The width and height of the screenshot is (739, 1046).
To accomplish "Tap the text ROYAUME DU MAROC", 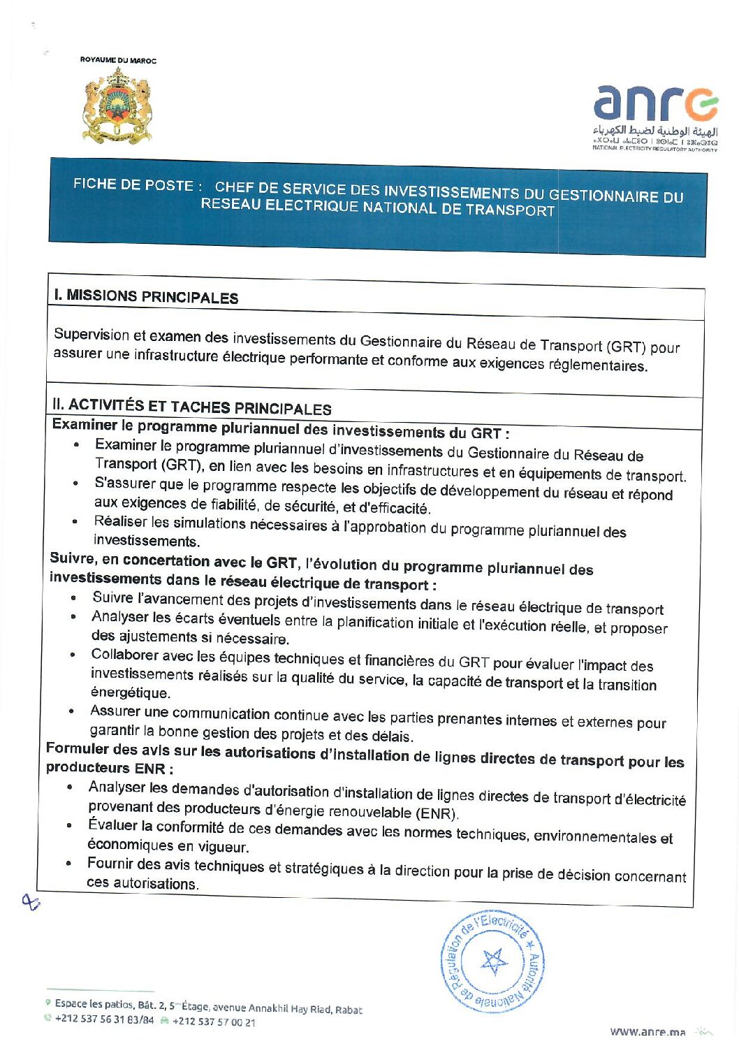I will [x=118, y=60].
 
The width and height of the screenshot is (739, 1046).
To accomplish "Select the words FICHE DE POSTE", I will [x=133, y=184].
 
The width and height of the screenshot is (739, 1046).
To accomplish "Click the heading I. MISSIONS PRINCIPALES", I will [x=146, y=296].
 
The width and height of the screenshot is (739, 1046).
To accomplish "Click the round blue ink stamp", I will [x=492, y=961].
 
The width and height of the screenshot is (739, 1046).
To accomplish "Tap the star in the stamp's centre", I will [x=494, y=961].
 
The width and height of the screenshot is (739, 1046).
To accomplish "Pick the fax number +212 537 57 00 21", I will [x=214, y=1022].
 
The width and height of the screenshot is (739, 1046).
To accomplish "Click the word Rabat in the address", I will [x=349, y=1010].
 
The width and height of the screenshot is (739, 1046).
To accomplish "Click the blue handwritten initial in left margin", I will [x=31, y=902].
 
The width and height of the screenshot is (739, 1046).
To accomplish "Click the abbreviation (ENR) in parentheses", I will [x=436, y=813].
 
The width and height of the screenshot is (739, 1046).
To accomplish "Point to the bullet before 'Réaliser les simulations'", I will [x=75, y=521].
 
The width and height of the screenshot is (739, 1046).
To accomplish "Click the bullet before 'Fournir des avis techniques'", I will [x=68, y=863].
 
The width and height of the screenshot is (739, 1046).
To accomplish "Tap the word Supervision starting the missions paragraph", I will [x=92, y=334].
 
